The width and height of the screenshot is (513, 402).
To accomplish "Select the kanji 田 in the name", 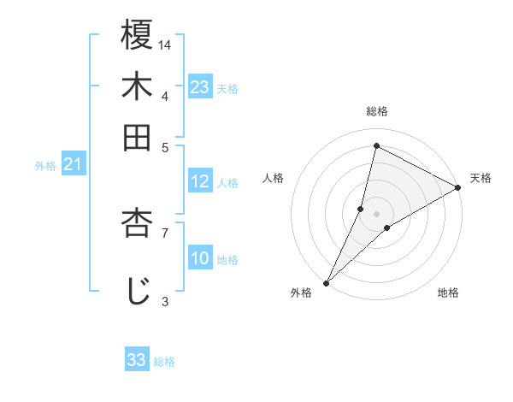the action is pos(137,137).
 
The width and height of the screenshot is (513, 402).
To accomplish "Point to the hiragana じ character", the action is pos(137,289).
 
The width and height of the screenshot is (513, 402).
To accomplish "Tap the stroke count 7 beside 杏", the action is pos(165,232).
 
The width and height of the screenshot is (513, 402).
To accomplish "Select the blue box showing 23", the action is pos(200,87).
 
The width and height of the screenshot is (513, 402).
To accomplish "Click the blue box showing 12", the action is pos(200,181).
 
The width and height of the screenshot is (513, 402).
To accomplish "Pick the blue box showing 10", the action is pos(200,258).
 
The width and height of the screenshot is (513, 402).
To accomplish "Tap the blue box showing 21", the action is pos(73,165).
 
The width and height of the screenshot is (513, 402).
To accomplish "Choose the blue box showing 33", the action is pos(137,360).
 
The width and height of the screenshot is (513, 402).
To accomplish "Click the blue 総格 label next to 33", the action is pos(164,362).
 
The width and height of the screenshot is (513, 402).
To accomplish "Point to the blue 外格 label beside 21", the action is pos(44,166).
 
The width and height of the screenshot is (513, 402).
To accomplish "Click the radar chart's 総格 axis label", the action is pos(377,111).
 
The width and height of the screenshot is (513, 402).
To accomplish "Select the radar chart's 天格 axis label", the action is pos(481,178).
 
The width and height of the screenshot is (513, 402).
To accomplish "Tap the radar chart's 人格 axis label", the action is pos(274,178).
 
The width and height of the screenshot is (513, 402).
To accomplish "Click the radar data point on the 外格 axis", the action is pos(326,282).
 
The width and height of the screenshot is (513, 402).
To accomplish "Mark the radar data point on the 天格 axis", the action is pos(458,187).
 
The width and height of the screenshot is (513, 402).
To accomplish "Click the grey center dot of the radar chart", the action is pos(377,213).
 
